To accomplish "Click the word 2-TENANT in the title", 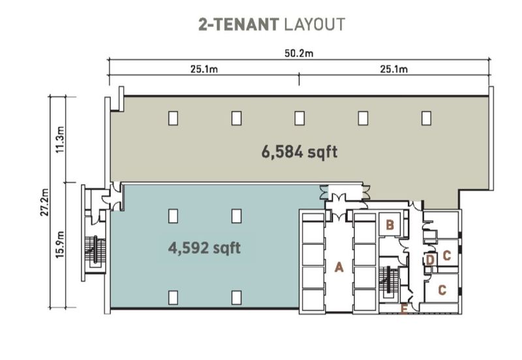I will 239,25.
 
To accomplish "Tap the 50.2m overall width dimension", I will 299,54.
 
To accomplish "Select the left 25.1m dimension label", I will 204,70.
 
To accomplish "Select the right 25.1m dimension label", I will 394,70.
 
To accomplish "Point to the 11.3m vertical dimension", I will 61,140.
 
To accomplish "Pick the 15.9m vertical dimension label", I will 61,244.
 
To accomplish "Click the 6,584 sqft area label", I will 299,152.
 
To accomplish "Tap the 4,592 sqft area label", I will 204,248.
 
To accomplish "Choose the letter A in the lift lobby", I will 339,267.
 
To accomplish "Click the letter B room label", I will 389,226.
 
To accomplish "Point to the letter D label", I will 430,261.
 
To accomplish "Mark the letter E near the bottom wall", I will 405,309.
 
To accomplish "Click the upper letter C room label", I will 446,256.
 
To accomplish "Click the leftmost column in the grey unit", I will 173,118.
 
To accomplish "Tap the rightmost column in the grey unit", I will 426,118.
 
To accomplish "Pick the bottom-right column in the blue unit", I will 236,297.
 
